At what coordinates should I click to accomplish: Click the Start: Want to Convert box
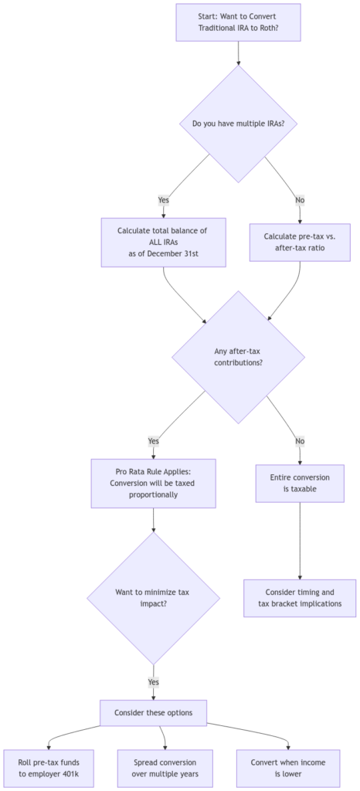(x=237, y=22)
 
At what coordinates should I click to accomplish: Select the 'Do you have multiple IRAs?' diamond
(x=237, y=122)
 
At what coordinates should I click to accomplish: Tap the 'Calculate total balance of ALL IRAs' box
(x=164, y=242)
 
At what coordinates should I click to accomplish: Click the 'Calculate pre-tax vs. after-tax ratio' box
(x=299, y=242)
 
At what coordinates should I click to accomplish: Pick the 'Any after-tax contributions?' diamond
(x=237, y=356)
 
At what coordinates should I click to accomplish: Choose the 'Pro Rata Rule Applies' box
(x=153, y=484)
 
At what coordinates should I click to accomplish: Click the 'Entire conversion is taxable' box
(x=300, y=484)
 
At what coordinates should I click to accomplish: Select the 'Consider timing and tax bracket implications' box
(x=300, y=598)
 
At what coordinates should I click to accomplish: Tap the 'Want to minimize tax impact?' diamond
(x=153, y=598)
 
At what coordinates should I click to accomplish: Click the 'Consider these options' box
(x=153, y=712)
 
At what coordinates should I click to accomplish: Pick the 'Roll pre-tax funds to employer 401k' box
(x=49, y=768)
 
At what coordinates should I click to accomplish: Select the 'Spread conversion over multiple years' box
(x=165, y=768)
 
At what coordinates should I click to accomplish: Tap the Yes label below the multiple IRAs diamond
(x=164, y=200)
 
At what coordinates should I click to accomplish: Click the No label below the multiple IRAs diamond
(x=300, y=200)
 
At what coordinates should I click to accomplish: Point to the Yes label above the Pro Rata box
(x=153, y=441)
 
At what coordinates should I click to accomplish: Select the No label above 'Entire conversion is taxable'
(x=300, y=441)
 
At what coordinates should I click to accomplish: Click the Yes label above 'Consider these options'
(x=153, y=683)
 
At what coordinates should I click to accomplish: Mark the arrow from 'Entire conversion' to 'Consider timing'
(x=300, y=541)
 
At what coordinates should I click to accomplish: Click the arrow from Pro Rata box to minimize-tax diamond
(x=153, y=521)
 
